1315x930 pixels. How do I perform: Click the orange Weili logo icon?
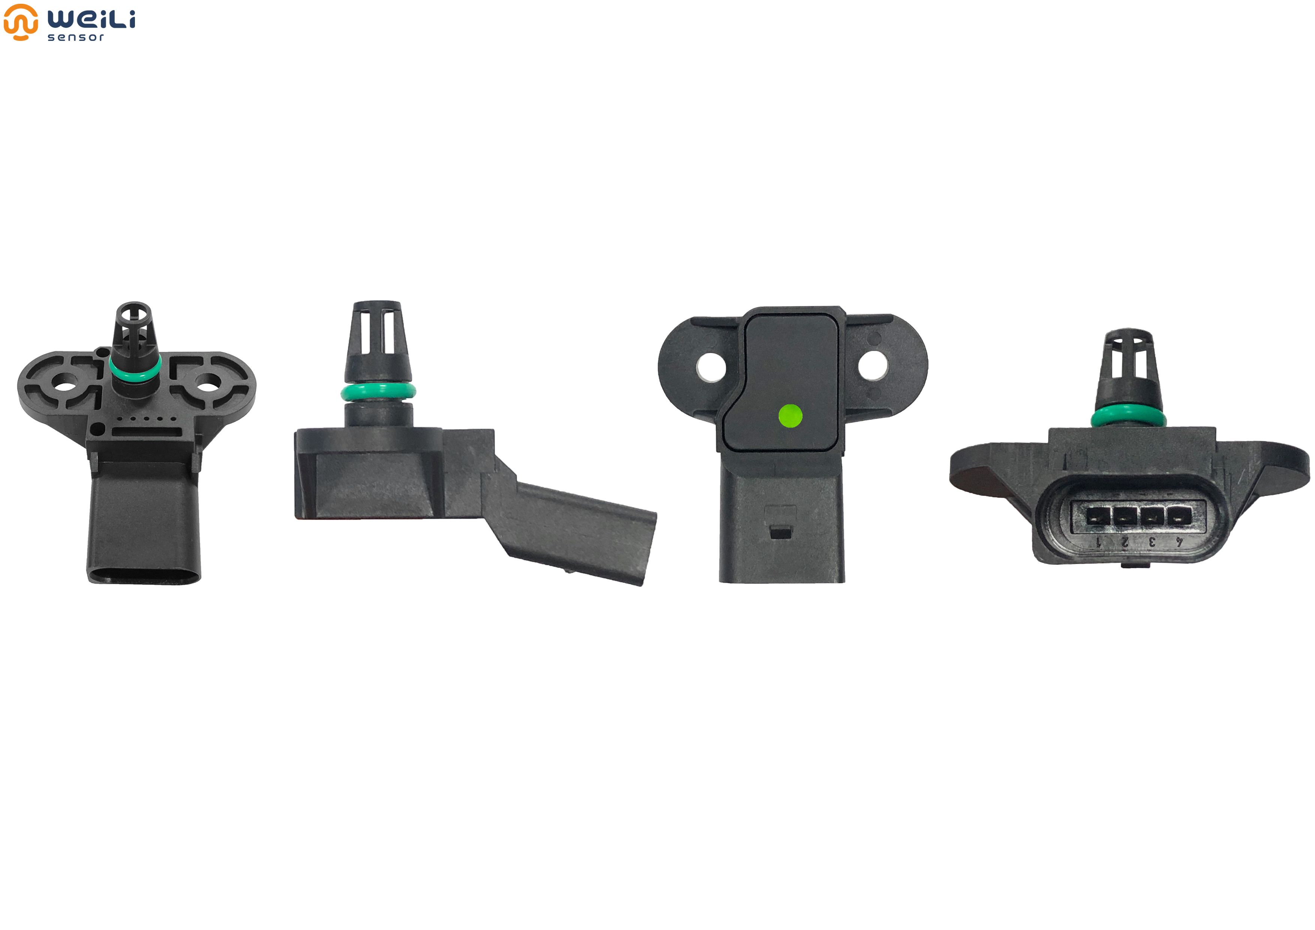click(21, 22)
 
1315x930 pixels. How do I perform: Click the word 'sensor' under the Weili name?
click(76, 37)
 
